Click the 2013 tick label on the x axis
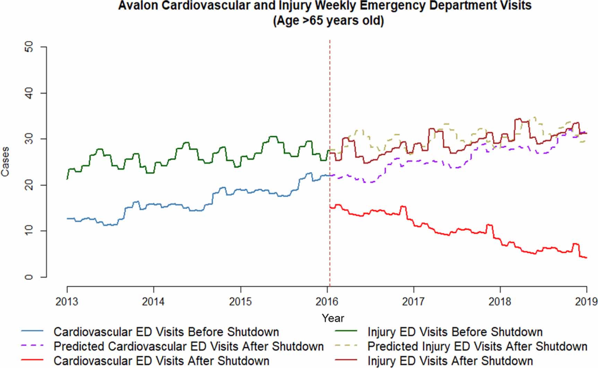(67, 301)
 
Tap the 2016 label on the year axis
(327, 301)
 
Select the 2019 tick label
(586, 301)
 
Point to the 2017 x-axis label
(413, 301)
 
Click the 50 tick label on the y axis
(29, 46)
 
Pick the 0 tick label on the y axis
(29, 277)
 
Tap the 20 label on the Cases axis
(29, 185)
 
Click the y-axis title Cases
(6, 162)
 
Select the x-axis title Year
(333, 318)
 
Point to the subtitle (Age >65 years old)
(328, 21)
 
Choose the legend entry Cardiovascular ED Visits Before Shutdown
(166, 332)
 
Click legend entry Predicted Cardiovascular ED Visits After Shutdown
(189, 346)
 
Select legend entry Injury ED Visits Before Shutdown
(455, 332)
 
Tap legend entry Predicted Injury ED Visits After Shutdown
(477, 346)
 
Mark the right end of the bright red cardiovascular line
(586, 258)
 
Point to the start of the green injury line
(67, 179)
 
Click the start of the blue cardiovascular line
(67, 219)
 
